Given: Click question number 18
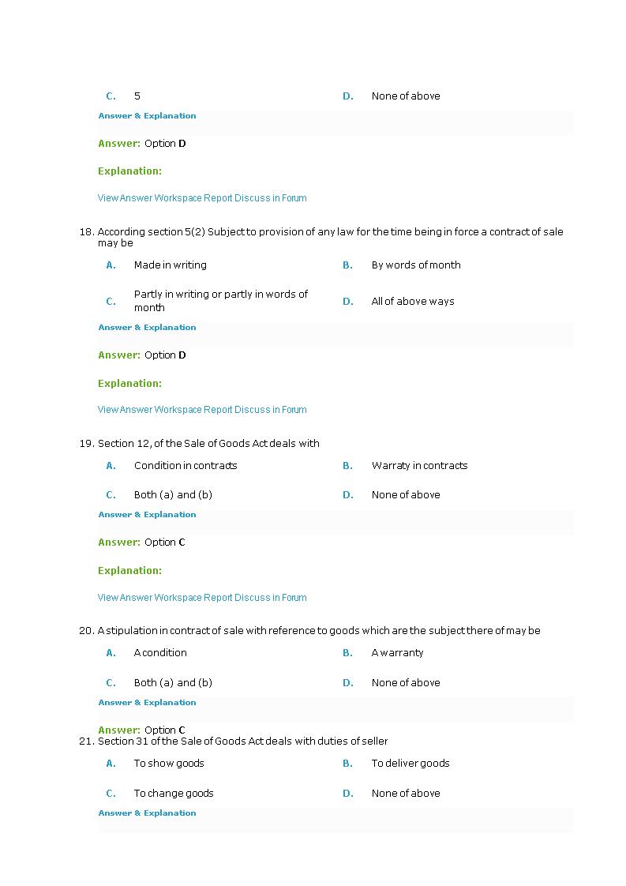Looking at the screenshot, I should coord(87,232).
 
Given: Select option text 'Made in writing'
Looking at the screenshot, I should coord(170,265).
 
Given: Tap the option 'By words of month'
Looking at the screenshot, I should coord(415,265).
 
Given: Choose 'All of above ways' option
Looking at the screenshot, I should coord(412,302).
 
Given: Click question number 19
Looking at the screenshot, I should coord(87,444).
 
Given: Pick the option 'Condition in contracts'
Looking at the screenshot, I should coord(185,466).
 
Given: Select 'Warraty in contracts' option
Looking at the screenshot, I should coord(419,466).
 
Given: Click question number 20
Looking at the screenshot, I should coord(87,631).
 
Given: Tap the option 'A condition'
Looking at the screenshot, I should coord(160,653).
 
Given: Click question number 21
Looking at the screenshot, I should coord(87,741).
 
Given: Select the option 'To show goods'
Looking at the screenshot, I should coord(168,764).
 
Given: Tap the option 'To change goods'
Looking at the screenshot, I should coord(174,794).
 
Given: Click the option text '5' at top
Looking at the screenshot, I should coord(137,96).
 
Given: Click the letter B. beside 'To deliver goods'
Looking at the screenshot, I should coord(347,764).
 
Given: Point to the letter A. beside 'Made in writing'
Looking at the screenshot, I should coord(111,265).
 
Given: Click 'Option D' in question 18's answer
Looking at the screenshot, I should coord(165,355).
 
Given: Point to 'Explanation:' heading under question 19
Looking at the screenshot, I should coord(129,571).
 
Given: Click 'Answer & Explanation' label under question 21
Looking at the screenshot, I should coord(147,813).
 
